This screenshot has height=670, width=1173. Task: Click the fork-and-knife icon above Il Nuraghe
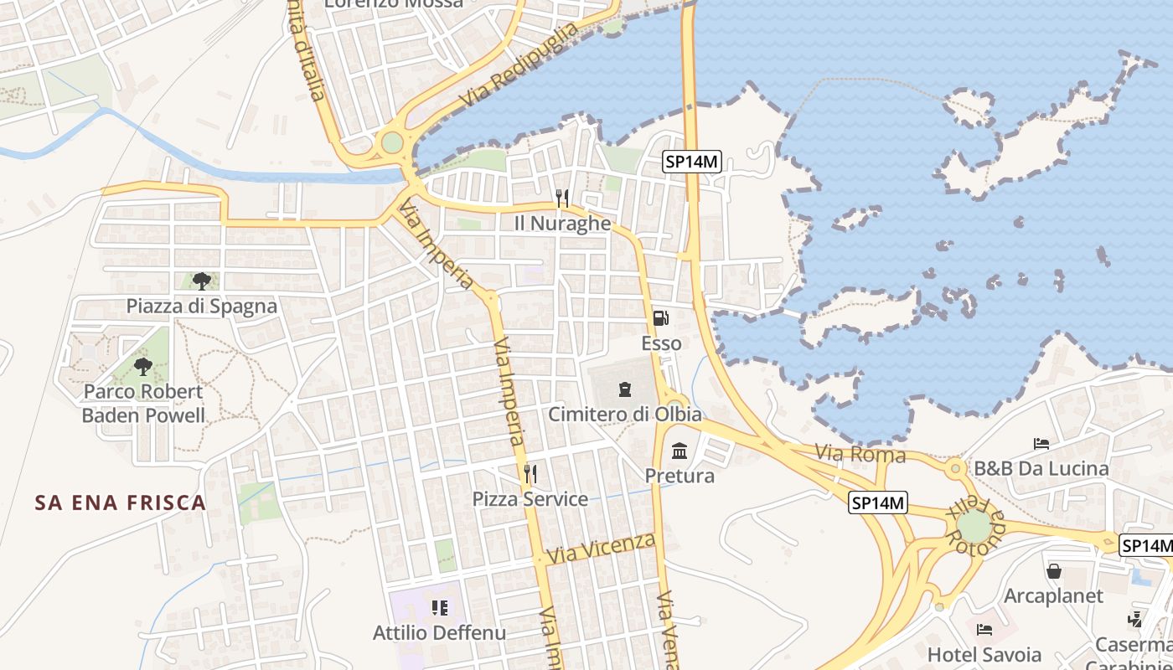pyautogui.click(x=562, y=198)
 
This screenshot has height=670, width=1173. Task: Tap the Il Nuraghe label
pyautogui.click(x=562, y=224)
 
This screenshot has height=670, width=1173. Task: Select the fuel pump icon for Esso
pyautogui.click(x=660, y=318)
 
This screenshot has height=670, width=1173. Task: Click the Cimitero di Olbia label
pyautogui.click(x=625, y=415)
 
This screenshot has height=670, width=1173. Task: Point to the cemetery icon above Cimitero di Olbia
pyautogui.click(x=624, y=389)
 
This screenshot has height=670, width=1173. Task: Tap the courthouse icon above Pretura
pyautogui.click(x=680, y=451)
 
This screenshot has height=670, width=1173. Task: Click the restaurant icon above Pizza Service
pyautogui.click(x=530, y=474)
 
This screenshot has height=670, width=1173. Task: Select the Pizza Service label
pyautogui.click(x=530, y=499)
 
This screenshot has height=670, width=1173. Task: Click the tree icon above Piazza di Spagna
pyautogui.click(x=201, y=281)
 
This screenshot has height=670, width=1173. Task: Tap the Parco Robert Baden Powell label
pyautogui.click(x=143, y=403)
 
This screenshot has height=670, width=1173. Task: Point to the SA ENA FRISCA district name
pyautogui.click(x=121, y=502)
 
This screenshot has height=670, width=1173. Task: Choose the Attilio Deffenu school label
pyautogui.click(x=439, y=632)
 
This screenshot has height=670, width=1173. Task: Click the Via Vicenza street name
pyautogui.click(x=600, y=548)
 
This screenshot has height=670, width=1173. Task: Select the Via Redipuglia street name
pyautogui.click(x=519, y=65)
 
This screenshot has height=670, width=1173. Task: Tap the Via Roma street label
pyautogui.click(x=860, y=455)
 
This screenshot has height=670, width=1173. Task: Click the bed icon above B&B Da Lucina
pyautogui.click(x=1041, y=443)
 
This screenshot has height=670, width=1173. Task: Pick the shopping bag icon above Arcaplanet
pyautogui.click(x=1054, y=571)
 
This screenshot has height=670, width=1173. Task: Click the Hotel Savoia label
pyautogui.click(x=984, y=654)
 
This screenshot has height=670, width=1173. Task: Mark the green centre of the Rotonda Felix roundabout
pyautogui.click(x=974, y=526)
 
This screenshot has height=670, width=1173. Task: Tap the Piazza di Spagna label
pyautogui.click(x=201, y=306)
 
